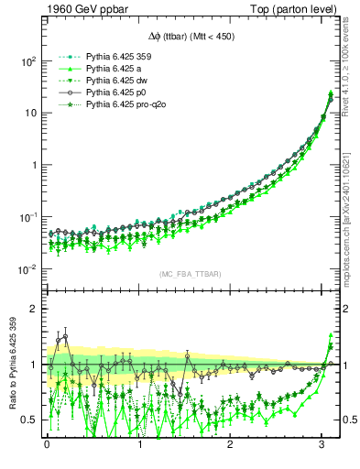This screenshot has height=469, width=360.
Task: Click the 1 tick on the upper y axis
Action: tap(33, 165)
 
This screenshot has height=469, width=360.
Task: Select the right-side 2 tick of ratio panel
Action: tap(349, 310)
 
